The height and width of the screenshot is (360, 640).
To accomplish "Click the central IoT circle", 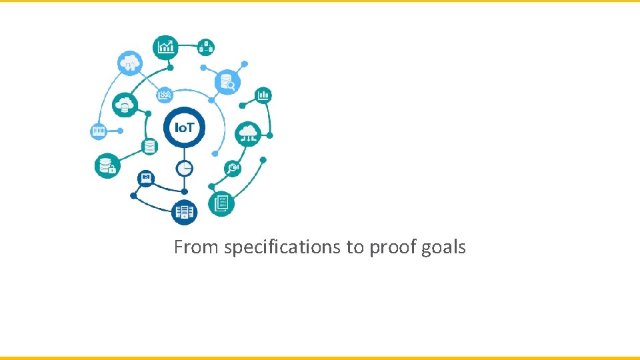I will tap(184, 127).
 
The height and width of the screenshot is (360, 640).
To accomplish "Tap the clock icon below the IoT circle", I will tap(185, 168).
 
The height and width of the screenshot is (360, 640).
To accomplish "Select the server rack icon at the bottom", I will tap(184, 213).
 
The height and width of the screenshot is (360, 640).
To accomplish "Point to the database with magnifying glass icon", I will tap(227, 83).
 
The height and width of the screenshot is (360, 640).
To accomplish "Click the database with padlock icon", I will tap(107, 165).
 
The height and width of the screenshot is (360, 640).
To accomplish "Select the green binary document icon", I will tap(221, 203).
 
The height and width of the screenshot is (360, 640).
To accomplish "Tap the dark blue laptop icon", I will tap(146, 178).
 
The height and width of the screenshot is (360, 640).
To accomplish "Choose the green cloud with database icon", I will tap(125, 105).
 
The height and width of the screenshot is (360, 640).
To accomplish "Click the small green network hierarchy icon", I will tap(206, 47).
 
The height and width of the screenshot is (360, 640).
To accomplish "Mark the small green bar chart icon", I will tap(263, 95).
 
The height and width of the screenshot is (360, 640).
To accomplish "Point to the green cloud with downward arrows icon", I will tap(248, 133).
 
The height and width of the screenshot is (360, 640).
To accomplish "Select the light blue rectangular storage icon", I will tap(99, 131).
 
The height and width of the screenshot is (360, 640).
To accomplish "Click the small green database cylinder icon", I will tap(149, 147).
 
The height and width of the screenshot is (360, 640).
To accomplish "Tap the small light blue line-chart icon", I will tap(164, 95).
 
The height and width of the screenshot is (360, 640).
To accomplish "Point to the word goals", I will tap(443, 248).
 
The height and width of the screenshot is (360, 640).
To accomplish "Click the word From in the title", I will tap(196, 247).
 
